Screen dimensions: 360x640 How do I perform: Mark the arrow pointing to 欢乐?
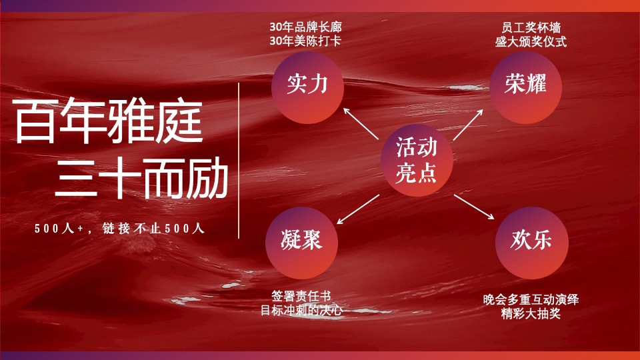click(474, 207)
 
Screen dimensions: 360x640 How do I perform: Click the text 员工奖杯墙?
click(530, 28)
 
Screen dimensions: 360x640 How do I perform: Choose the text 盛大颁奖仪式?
click(530, 41)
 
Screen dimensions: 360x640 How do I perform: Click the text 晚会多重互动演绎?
click(531, 299)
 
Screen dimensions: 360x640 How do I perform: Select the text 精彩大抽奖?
click(531, 313)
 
